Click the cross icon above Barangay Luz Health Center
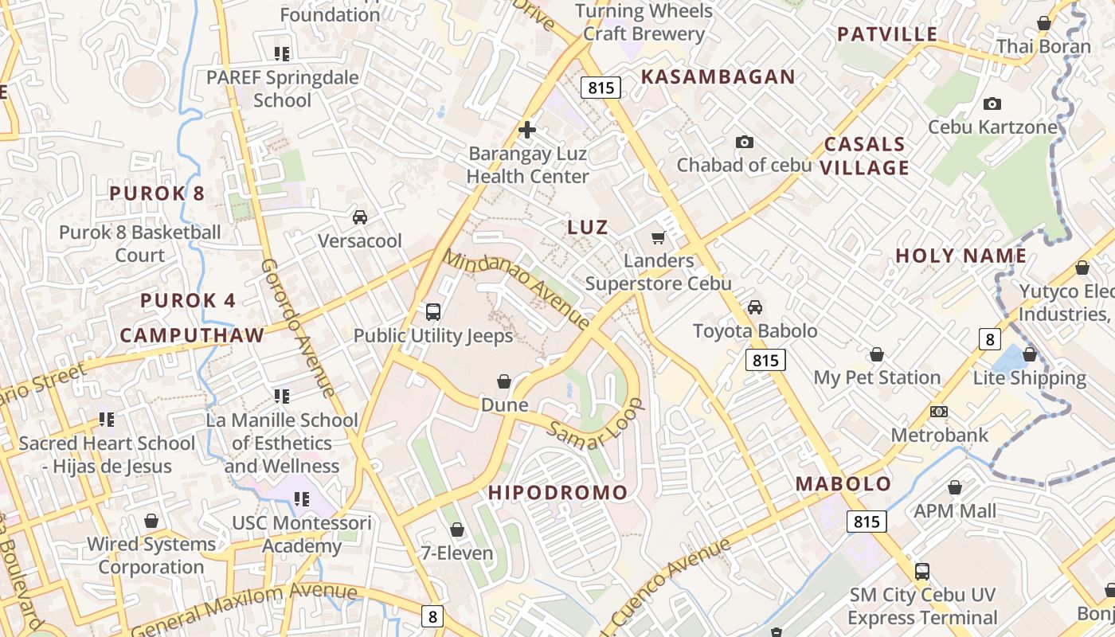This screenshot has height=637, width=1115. point(526,129)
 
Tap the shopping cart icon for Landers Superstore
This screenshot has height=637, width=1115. point(658,237)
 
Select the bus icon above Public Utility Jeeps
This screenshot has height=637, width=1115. point(433,311)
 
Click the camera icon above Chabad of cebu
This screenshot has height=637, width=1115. point(745,142)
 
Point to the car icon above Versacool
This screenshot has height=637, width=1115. point(360,217)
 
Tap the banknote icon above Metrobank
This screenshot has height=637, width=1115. point(939,412)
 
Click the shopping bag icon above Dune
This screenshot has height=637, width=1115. point(504,381)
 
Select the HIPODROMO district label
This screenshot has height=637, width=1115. point(557,493)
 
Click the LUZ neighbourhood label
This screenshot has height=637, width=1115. point(588,227)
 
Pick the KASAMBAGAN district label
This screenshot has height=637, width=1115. point(718,77)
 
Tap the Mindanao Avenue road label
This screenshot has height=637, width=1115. point(517,290)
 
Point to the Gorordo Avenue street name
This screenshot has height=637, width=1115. point(298,327)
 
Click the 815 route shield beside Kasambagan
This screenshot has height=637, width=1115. point(601,88)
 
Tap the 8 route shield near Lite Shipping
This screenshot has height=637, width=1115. point(989,340)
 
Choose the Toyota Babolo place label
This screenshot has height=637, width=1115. point(755,330)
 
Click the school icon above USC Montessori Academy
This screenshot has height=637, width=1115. point(301,499)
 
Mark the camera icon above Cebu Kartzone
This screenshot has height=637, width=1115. point(992,104)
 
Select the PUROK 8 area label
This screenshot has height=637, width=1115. point(157,193)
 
